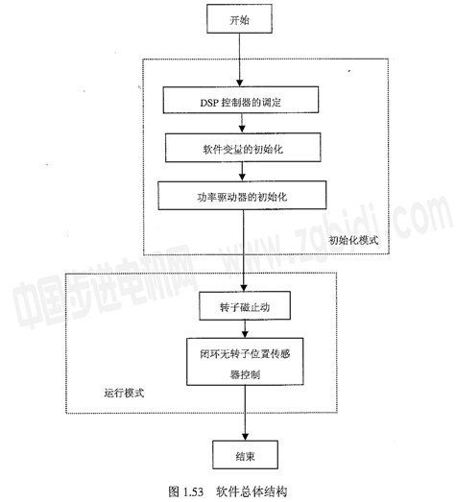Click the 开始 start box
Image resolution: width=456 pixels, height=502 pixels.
coord(240,18)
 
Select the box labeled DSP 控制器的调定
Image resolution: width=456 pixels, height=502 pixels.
coord(241,100)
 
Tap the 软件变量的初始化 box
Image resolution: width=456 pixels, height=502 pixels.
coord(243,148)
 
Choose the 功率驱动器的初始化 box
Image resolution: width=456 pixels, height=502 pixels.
coord(243,195)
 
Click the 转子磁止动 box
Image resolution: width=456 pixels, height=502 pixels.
coord(245,306)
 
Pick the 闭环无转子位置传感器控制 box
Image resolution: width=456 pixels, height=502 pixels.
coord(245,362)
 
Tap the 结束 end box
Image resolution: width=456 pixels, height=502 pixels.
coord(246,455)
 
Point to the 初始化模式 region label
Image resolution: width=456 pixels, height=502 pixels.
coord(354,240)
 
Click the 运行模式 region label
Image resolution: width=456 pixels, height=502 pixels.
coord(124,393)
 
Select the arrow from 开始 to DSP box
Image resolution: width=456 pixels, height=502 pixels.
coord(240,60)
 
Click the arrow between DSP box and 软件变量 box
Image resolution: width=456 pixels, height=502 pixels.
coord(242,123)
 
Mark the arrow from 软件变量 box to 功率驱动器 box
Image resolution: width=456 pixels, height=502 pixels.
coord(243,172)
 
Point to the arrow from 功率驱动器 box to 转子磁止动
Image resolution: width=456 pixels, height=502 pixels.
coord(244,251)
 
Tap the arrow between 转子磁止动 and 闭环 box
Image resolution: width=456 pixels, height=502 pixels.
coord(245,329)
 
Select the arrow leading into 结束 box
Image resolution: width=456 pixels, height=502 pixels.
coord(246,413)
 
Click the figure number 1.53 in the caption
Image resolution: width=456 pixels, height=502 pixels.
coord(194,491)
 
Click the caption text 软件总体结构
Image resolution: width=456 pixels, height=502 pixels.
coord(252,491)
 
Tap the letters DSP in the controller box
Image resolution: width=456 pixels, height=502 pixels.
coord(209,103)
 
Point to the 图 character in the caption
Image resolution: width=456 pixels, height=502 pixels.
coord(174,491)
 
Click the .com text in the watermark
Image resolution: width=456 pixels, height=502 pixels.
coord(418,218)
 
